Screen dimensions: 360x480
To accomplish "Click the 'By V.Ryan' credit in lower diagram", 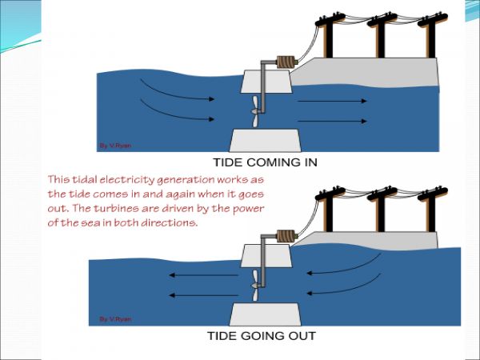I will (114, 319).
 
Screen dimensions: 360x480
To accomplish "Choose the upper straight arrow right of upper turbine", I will (330, 102).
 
